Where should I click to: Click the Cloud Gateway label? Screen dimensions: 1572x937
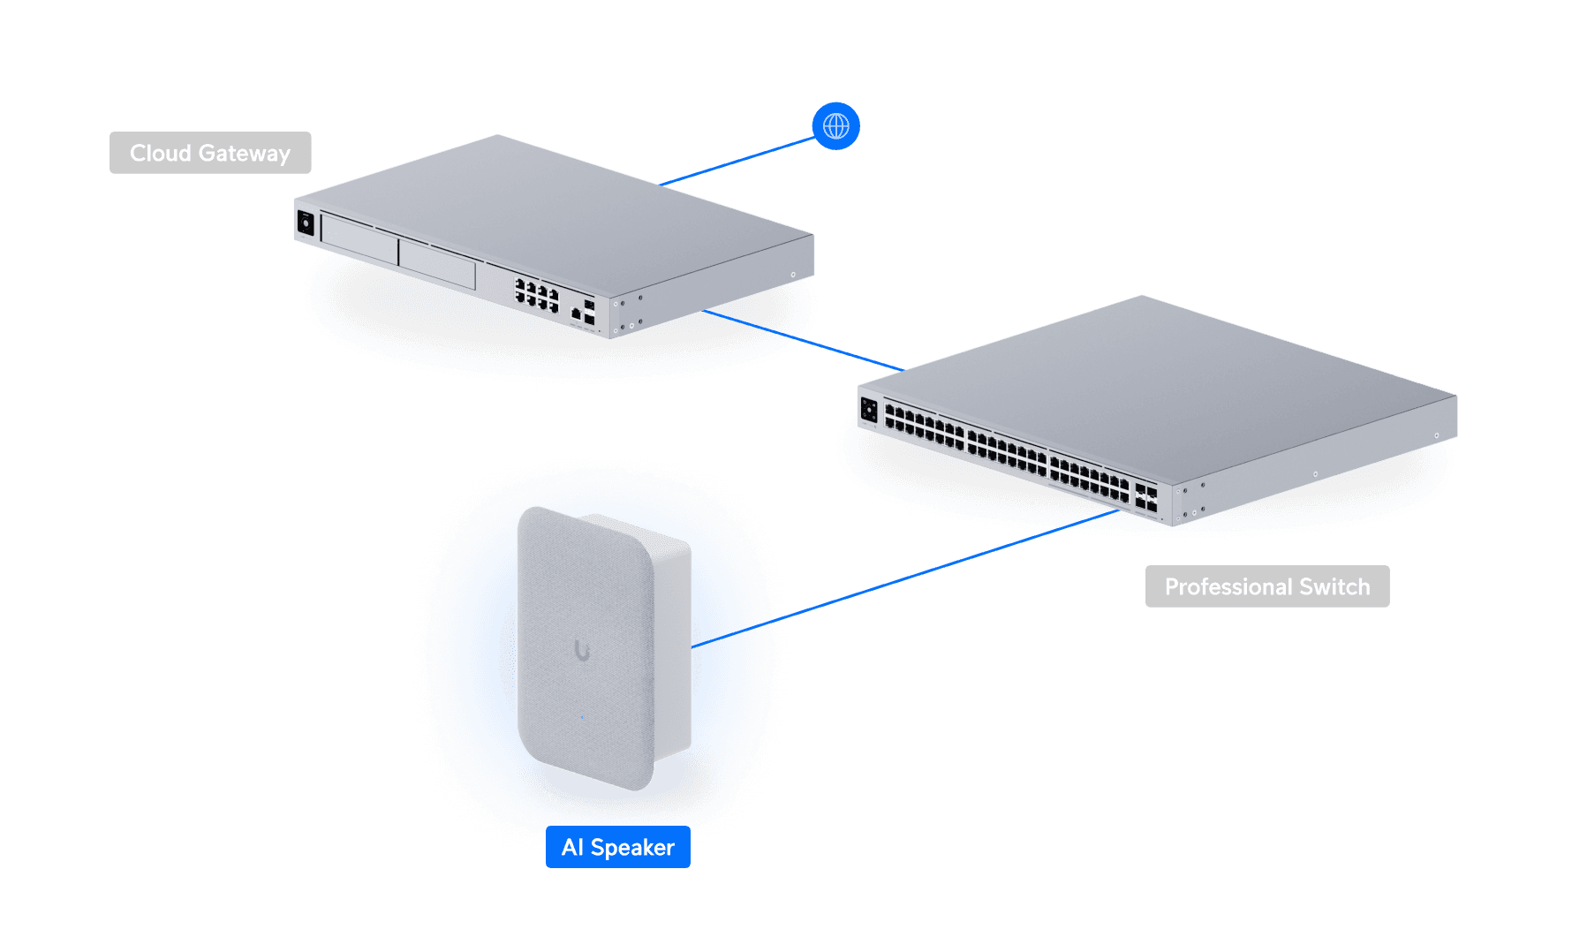(210, 153)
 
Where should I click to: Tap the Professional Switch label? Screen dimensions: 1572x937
(1267, 586)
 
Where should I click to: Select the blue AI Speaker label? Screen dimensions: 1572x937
(618, 847)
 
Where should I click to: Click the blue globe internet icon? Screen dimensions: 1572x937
(835, 126)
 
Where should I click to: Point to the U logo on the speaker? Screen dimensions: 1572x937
(582, 651)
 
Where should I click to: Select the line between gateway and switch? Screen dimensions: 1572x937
(803, 340)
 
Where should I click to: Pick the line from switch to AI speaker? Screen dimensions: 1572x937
(905, 578)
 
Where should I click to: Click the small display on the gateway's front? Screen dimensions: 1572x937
(306, 223)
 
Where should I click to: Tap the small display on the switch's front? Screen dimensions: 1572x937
(869, 410)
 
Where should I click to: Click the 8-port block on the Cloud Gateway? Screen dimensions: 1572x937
(537, 295)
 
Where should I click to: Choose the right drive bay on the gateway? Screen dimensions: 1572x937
(438, 264)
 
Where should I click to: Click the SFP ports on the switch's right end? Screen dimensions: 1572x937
(1146, 497)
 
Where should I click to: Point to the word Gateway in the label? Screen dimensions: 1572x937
(245, 154)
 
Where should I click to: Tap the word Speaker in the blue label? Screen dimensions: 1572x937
(632, 848)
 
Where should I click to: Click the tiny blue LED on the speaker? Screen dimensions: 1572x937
(582, 717)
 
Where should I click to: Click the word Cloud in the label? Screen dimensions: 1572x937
(161, 153)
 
